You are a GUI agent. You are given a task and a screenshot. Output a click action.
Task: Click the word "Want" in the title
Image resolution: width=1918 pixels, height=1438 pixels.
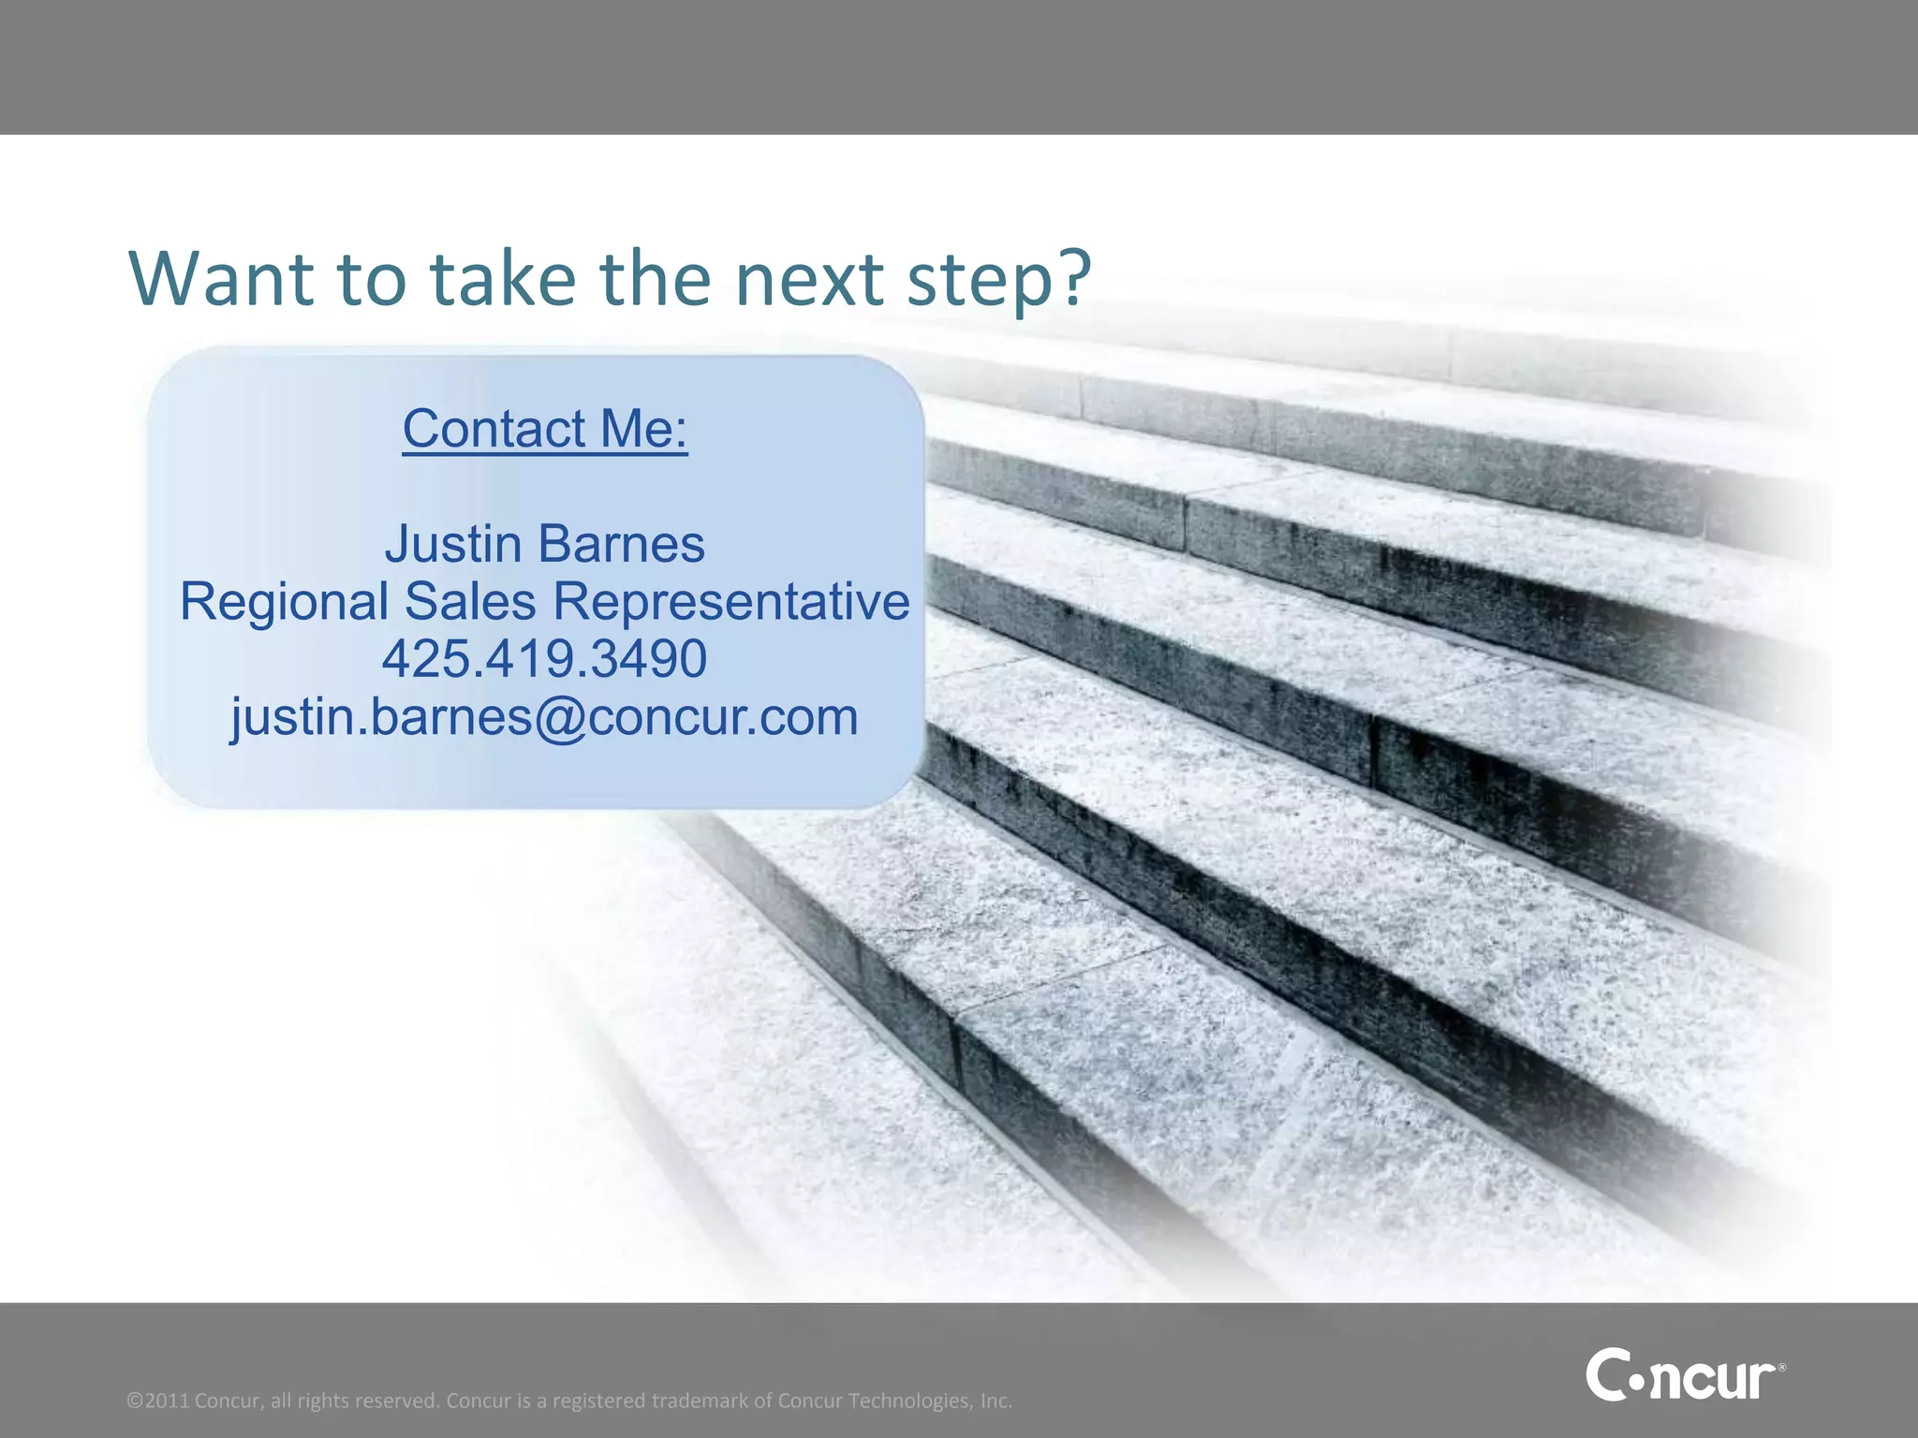coord(221,278)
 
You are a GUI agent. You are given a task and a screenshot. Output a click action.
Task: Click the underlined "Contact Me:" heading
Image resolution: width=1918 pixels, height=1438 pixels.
coord(545,429)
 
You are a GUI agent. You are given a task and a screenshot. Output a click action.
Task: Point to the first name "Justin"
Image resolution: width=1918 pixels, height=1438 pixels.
coord(453,544)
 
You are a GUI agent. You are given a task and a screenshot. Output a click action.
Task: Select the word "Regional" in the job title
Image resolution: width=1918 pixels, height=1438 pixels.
coord(284,602)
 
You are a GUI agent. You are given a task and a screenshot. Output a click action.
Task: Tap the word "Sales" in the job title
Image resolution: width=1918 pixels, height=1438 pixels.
coord(471,601)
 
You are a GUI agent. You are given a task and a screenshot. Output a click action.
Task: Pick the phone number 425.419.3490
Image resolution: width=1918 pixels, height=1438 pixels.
coord(544,658)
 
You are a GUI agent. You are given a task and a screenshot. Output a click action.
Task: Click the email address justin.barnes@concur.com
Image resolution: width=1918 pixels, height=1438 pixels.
coord(544,717)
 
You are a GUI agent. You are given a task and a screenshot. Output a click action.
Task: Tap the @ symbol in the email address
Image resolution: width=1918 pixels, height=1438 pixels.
coord(559,718)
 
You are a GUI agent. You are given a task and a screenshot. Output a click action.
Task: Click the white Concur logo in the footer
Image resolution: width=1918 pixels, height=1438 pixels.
coord(1682,1374)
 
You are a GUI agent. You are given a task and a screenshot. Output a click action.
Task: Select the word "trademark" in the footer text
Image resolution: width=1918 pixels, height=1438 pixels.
coord(700,1401)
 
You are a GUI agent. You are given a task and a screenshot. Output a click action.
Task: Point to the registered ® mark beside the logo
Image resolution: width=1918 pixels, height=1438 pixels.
coord(1781,1369)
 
